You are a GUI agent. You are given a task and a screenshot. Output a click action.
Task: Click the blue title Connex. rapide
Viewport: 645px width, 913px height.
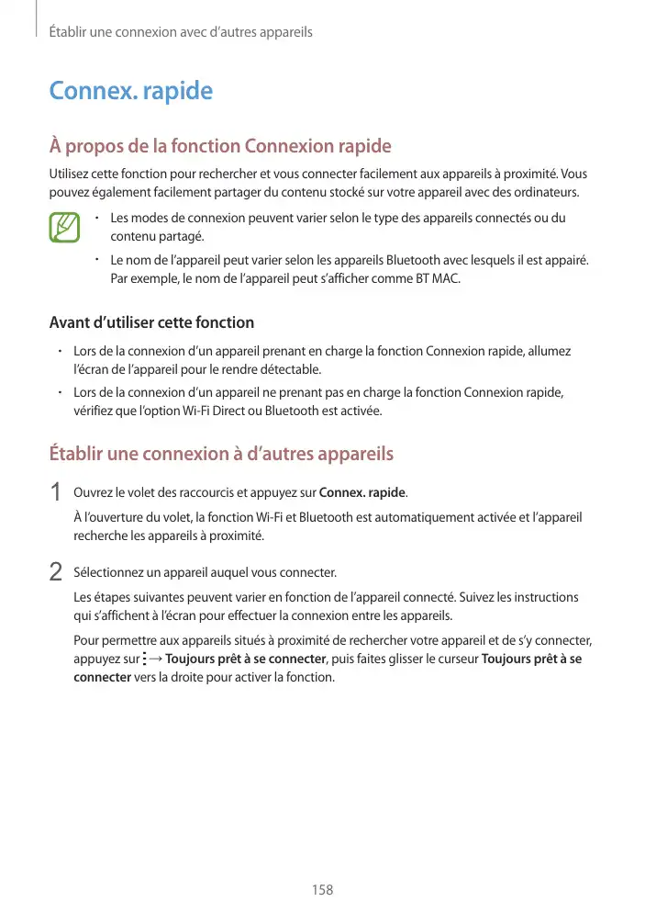pyautogui.click(x=130, y=91)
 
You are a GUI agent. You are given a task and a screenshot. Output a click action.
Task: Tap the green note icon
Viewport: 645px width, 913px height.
pyautogui.click(x=64, y=228)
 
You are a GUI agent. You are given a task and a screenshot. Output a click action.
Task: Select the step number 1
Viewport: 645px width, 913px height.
pyautogui.click(x=55, y=494)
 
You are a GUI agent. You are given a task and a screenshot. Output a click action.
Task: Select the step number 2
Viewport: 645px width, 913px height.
pyautogui.click(x=55, y=573)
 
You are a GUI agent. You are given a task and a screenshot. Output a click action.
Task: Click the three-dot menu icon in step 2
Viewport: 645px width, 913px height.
pyautogui.click(x=145, y=659)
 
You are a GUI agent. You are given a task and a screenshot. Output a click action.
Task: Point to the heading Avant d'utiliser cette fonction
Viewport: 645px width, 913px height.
pyautogui.click(x=151, y=322)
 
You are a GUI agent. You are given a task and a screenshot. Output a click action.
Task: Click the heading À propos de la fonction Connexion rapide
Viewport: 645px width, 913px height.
pyautogui.click(x=220, y=146)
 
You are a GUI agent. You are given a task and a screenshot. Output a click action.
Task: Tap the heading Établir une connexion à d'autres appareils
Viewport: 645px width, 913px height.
pyautogui.click(x=221, y=454)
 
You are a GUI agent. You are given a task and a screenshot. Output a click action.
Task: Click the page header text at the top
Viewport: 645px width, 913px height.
pyautogui.click(x=181, y=32)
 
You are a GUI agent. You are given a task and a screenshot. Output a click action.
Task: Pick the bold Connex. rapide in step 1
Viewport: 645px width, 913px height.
pyautogui.click(x=361, y=494)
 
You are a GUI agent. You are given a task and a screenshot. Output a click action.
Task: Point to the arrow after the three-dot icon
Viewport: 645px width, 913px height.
pyautogui.click(x=156, y=659)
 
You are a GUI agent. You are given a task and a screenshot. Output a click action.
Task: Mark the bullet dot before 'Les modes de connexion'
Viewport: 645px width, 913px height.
pyautogui.click(x=97, y=219)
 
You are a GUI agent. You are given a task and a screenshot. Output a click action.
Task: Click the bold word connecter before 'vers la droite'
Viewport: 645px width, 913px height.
pyautogui.click(x=102, y=678)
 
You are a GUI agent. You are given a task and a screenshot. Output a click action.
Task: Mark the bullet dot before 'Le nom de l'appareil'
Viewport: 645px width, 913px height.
pyautogui.click(x=97, y=260)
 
